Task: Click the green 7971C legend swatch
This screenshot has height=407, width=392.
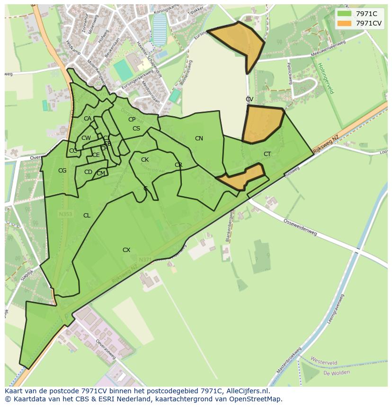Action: [344, 14]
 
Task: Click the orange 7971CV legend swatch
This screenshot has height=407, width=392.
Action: [344, 23]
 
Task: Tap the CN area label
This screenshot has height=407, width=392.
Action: [199, 139]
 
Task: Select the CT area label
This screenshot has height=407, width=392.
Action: [267, 154]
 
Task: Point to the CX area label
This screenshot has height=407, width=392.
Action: [126, 250]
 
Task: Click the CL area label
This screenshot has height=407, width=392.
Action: [87, 216]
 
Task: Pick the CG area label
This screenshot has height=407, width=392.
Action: [62, 171]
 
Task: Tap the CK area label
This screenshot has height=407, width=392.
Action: [145, 160]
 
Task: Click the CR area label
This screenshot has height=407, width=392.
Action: [178, 165]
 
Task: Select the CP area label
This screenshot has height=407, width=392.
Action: [132, 120]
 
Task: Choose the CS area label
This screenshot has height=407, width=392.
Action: [136, 129]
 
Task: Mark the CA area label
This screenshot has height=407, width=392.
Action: [88, 119]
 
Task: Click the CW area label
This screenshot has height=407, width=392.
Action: [86, 138]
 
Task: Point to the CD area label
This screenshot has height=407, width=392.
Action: [88, 172]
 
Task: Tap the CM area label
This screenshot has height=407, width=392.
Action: [101, 173]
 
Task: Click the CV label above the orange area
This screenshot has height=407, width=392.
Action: [249, 99]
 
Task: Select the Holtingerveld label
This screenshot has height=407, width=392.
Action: [326, 78]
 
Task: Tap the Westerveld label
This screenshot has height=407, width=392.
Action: [323, 362]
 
